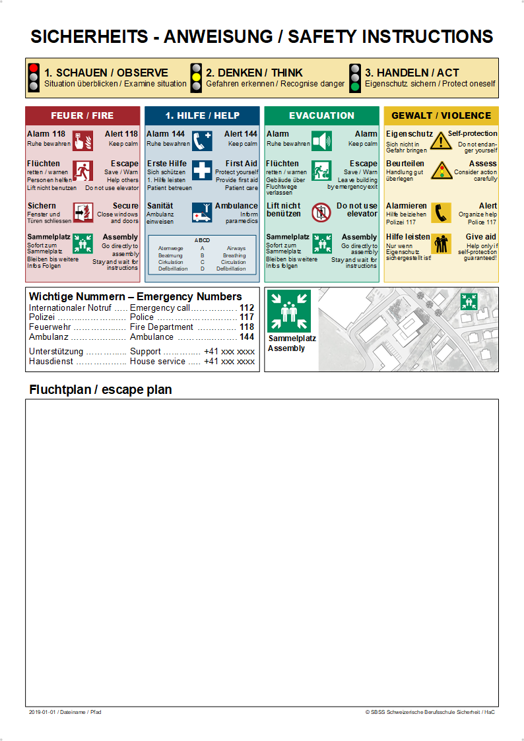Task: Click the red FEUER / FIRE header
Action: [82, 115]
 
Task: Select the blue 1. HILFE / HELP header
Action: [202, 115]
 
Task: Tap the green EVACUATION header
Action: [321, 115]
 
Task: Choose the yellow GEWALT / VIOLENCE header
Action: [441, 115]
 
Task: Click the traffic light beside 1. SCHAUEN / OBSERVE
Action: [34, 77]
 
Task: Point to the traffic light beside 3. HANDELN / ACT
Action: [354, 77]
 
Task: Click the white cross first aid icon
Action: [202, 170]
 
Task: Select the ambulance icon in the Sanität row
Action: [202, 212]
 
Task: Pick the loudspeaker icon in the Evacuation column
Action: [321, 141]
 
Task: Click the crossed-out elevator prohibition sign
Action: [321, 212]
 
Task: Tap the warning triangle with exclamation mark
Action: [440, 141]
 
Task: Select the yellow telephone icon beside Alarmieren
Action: [440, 212]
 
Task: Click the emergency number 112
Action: [247, 307]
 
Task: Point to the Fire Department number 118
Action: [247, 327]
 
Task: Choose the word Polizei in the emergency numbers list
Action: [42, 317]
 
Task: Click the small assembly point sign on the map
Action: [469, 302]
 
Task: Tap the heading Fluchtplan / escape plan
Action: [100, 390]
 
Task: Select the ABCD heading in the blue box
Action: [201, 240]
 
